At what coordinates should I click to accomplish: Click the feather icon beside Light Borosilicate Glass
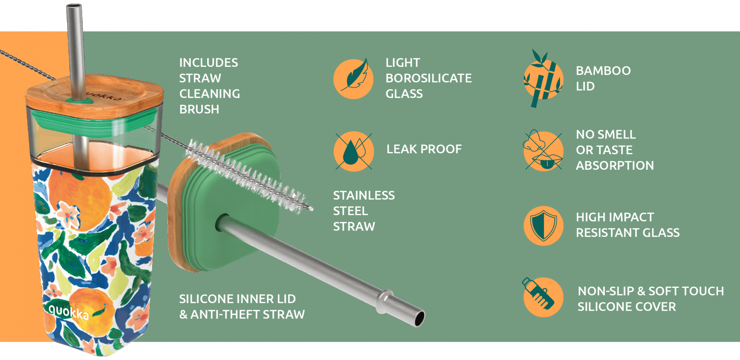pos(353,78)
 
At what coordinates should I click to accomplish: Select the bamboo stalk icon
pos(543,79)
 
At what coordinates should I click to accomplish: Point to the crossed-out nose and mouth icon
pos(543,150)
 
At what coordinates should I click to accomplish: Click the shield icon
pos(543,226)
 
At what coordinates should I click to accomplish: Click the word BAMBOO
pos(603,71)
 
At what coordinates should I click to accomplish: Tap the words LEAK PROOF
pos(424,149)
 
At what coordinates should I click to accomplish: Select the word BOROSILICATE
pos(428,78)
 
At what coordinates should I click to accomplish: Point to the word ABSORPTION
pos(615,166)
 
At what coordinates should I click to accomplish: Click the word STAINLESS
pos(364,195)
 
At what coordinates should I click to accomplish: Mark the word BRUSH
pos(199,109)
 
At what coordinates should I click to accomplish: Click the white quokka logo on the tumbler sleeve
pos(69,312)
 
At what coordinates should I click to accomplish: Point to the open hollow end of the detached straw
pos(420,319)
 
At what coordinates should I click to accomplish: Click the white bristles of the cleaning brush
pos(246,175)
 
